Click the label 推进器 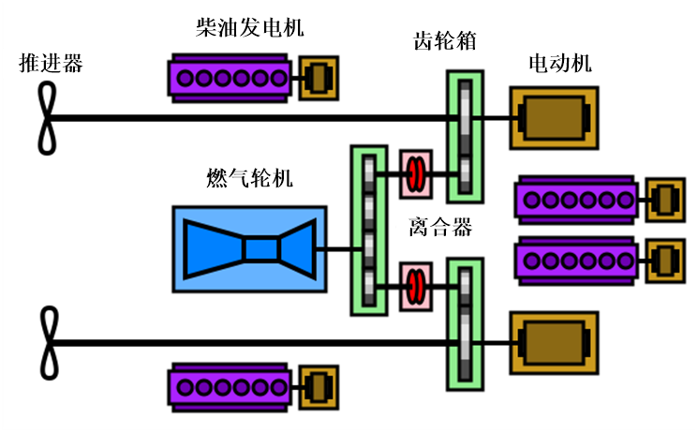(52, 64)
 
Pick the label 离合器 (439, 227)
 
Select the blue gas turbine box (249, 249)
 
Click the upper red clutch (414, 172)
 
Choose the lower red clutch (414, 287)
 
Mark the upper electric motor (554, 118)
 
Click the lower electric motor (554, 344)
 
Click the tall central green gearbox (368, 230)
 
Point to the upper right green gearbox (466, 138)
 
